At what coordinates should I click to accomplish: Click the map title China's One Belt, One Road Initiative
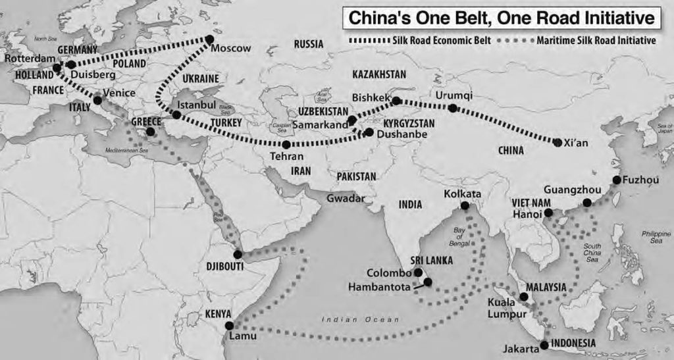click(x=499, y=18)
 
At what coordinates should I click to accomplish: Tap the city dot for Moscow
click(x=211, y=39)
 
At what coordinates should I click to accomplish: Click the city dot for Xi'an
click(x=558, y=142)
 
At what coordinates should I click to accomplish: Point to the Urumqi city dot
click(x=453, y=108)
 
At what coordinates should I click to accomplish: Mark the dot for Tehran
click(x=286, y=144)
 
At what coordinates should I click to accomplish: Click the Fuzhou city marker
click(x=616, y=180)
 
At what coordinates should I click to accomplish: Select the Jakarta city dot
click(x=544, y=345)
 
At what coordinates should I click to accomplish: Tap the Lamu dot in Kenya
click(x=228, y=325)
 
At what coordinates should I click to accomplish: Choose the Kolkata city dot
click(x=465, y=206)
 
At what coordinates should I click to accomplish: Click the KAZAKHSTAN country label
click(x=379, y=74)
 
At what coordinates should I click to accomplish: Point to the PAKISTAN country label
click(x=356, y=176)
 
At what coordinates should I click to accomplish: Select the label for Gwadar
click(x=346, y=198)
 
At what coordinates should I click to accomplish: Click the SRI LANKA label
click(x=431, y=260)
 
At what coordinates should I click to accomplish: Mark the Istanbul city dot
click(x=176, y=115)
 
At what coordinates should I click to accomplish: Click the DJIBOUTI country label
click(x=224, y=267)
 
